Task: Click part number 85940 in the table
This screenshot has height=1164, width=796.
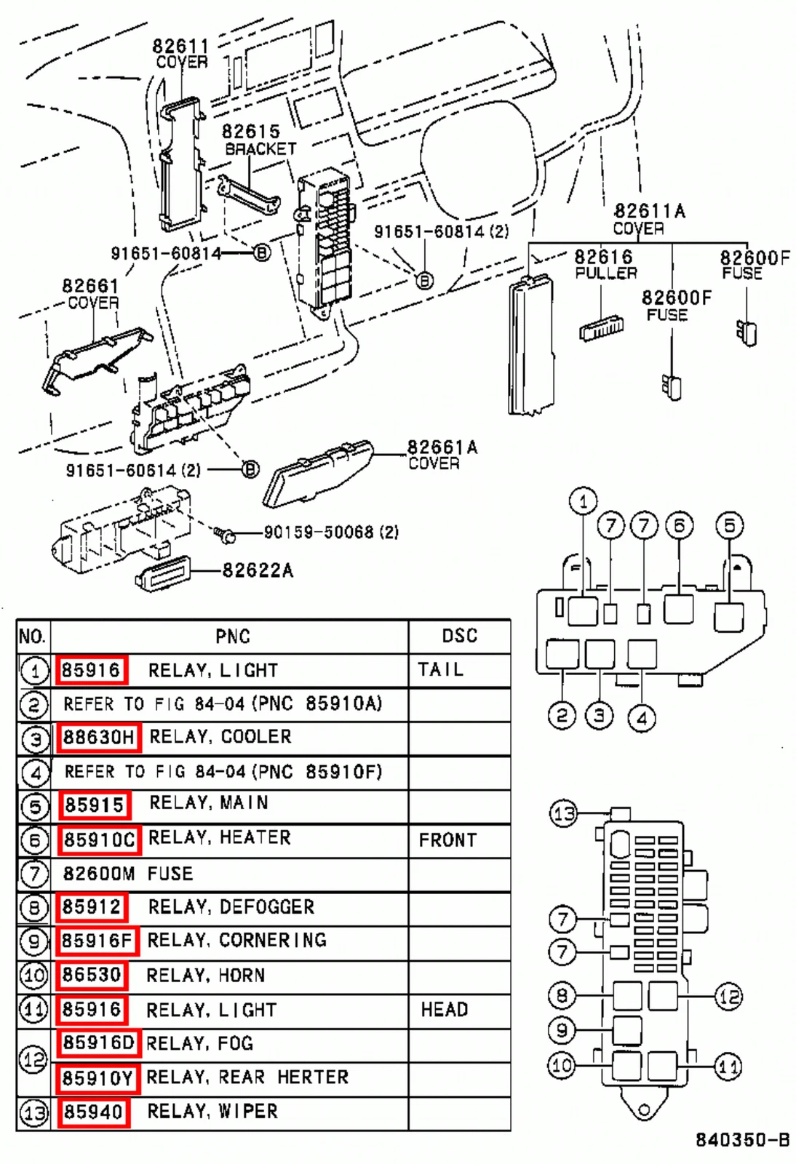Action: (x=93, y=1112)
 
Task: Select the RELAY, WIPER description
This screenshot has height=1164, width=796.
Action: (x=212, y=1112)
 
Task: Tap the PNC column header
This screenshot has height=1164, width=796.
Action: (x=233, y=636)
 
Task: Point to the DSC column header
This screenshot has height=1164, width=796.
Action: (x=459, y=636)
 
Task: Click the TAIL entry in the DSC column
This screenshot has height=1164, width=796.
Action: (x=441, y=669)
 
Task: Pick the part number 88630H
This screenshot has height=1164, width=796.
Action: (x=98, y=737)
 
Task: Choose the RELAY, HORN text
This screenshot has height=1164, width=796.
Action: (x=206, y=976)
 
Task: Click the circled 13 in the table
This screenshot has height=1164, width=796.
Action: (x=33, y=1113)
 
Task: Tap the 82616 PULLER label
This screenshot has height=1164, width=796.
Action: (x=605, y=265)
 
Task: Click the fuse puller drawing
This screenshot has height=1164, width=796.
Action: (x=602, y=328)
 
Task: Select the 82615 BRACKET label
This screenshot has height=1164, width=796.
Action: (x=260, y=140)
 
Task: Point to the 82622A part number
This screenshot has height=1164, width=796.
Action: (x=258, y=570)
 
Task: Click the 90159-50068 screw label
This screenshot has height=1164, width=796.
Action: (x=332, y=532)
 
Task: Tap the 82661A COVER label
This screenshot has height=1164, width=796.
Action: (x=442, y=455)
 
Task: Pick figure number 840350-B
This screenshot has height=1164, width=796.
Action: (x=743, y=1140)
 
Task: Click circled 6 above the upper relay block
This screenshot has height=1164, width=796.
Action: (x=680, y=526)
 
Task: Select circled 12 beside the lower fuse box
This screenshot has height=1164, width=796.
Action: (x=728, y=997)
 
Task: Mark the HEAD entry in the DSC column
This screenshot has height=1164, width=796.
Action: (x=445, y=1009)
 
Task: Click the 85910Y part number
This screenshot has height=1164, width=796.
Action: (x=97, y=1079)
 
